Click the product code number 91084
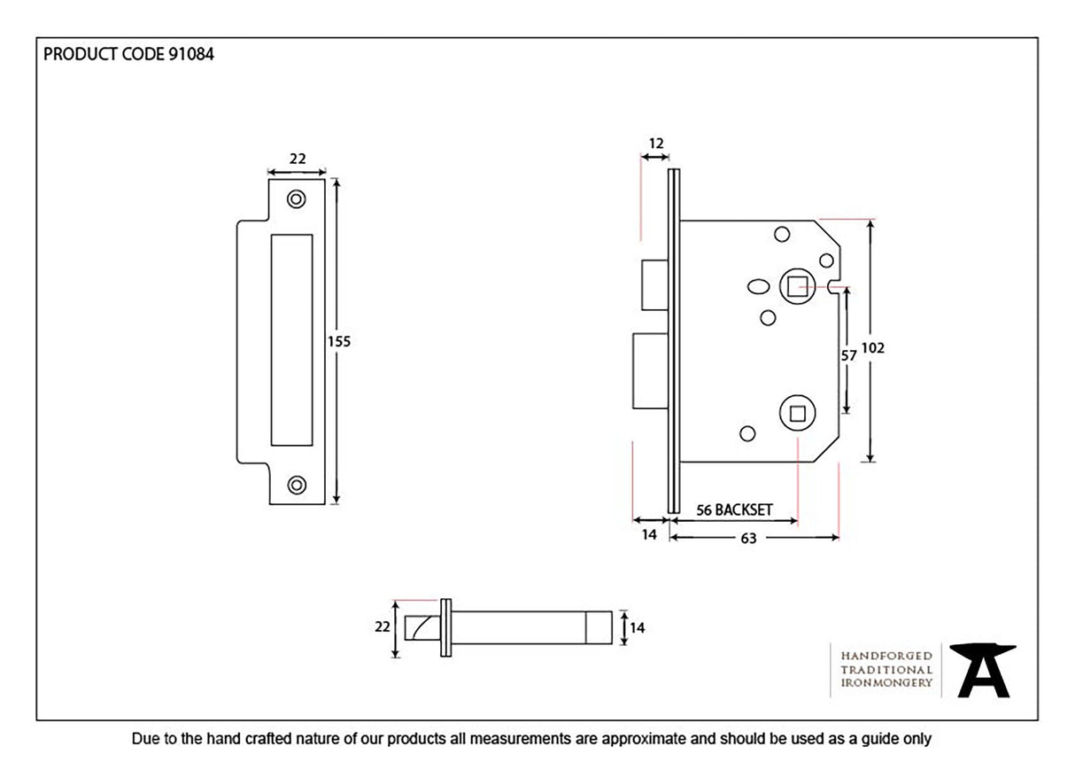coord(189,54)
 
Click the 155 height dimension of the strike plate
coord(341,341)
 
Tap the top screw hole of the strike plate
coord(297,199)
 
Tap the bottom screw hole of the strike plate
coord(297,484)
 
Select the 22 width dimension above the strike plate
coord(298,159)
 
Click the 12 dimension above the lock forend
coord(655,143)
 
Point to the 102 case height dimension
coord(874,348)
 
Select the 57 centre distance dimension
coord(847,354)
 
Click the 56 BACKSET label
coord(734,509)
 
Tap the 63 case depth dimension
coord(748,538)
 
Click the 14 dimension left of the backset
coord(649,534)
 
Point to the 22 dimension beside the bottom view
coord(383,626)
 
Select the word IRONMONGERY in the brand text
coord(886,682)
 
